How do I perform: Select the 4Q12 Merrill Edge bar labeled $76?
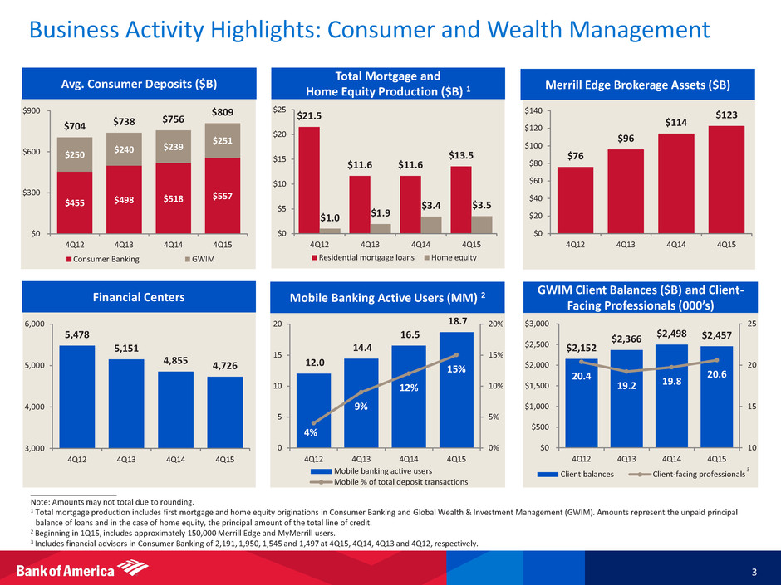pos(575,199)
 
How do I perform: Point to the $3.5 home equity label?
pos(482,204)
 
